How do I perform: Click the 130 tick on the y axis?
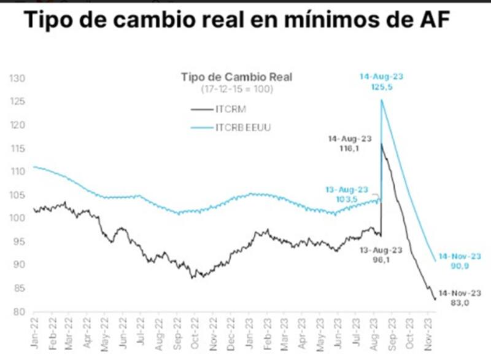pos(16,79)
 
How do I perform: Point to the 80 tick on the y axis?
pos(18,311)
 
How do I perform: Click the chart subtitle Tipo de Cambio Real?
pos(237,77)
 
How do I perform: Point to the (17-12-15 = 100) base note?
pos(237,89)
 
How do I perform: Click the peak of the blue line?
pos(382,101)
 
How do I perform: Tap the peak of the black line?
pos(381,144)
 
